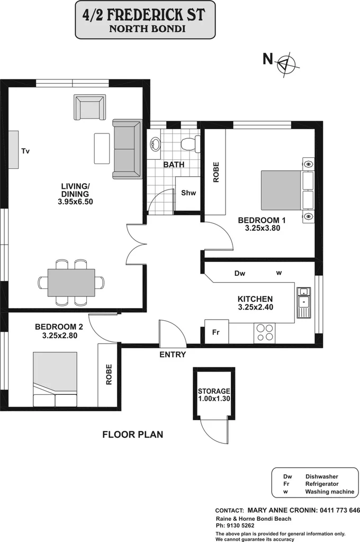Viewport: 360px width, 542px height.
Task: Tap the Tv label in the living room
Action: click(x=25, y=151)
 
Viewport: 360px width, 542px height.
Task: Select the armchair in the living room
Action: click(x=90, y=107)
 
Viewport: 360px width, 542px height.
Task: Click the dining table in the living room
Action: click(x=71, y=283)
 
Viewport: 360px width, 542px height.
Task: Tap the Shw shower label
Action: click(x=188, y=193)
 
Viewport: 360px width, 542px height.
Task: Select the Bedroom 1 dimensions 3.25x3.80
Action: click(x=262, y=229)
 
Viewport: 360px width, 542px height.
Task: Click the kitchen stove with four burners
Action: click(x=265, y=332)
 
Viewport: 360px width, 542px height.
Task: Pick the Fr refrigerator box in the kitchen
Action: click(x=216, y=332)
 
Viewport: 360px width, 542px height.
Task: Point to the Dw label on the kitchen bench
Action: click(x=240, y=274)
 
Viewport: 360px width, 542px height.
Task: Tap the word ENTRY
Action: click(x=173, y=355)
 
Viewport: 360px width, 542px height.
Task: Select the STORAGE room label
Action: click(x=214, y=391)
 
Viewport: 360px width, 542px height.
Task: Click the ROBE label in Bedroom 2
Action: click(x=109, y=374)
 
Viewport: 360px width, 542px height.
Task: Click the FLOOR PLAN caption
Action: click(x=132, y=435)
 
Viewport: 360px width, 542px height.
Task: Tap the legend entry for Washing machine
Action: click(x=329, y=492)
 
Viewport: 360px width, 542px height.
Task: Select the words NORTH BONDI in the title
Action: click(x=147, y=29)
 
